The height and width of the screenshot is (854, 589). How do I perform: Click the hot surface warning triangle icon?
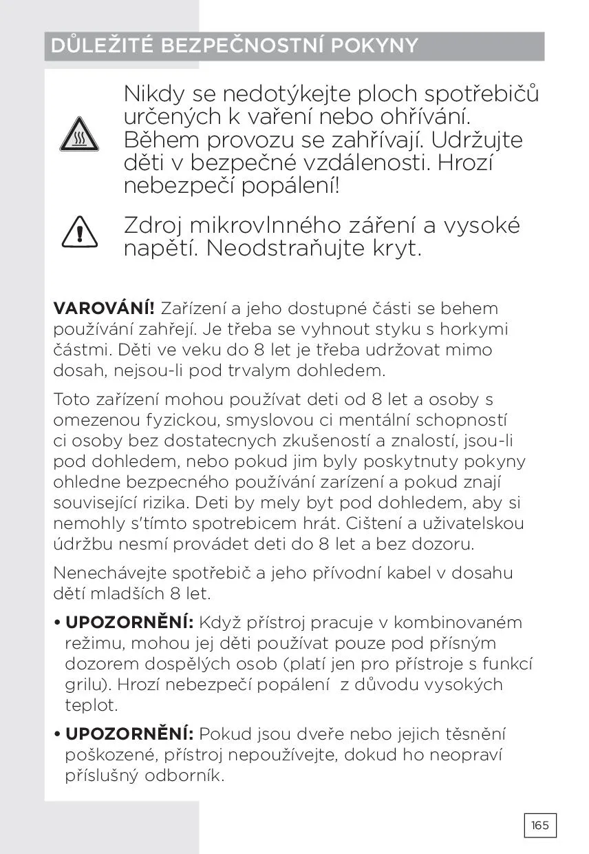click(79, 134)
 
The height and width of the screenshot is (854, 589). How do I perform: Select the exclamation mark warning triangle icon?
click(79, 232)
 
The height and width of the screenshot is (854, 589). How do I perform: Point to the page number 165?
click(540, 825)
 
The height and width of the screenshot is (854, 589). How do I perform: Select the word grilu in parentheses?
click(82, 685)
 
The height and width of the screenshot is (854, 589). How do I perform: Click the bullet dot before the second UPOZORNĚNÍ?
click(57, 735)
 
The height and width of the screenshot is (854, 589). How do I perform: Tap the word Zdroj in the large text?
click(153, 225)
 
